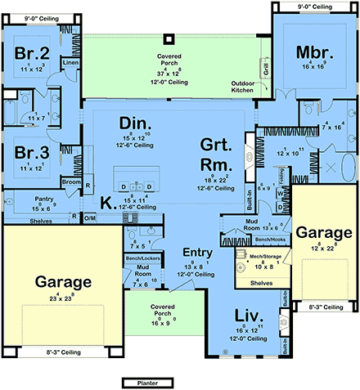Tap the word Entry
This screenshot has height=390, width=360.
coord(197,252)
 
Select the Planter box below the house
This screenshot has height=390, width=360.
coord(145,382)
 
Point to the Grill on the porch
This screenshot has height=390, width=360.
coord(263,67)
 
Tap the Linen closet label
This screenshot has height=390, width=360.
coord(70,62)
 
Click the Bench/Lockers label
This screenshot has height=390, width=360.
coord(143,258)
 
